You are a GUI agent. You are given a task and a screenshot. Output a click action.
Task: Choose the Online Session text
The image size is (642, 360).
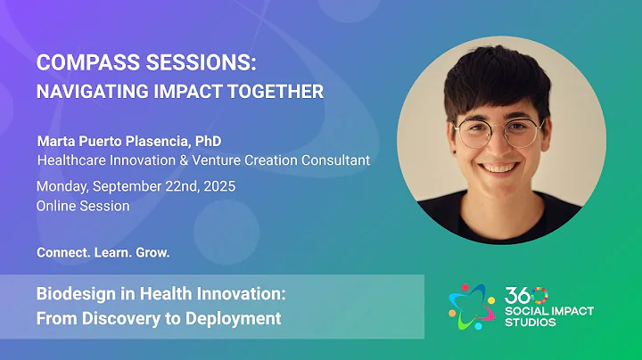click(83, 206)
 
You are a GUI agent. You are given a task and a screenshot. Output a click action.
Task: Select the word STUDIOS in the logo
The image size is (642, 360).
click(529, 322)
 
